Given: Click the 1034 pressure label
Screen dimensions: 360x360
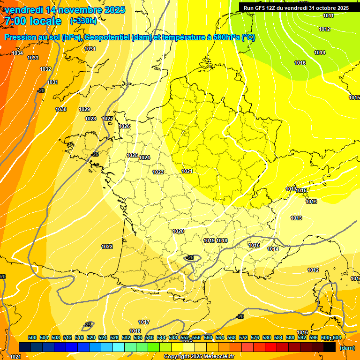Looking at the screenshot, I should tap(17, 53).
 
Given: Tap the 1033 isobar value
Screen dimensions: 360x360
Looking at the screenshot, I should tap(33, 58).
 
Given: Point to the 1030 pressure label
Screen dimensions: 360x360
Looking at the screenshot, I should tap(61, 109).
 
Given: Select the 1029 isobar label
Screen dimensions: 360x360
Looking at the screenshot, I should tap(84, 109).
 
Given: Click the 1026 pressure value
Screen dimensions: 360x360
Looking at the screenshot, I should tap(124, 127).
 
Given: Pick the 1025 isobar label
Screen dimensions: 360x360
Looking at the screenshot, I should tap(132, 155).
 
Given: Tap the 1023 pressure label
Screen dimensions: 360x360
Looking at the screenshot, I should tap(158, 172).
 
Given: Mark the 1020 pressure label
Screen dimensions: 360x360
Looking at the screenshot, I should tap(178, 231).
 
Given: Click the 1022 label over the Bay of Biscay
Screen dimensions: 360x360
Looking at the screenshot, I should tap(107, 247).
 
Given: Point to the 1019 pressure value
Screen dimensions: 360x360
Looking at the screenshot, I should tap(209, 240).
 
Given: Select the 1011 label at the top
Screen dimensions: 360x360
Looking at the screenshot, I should tap(329, 16).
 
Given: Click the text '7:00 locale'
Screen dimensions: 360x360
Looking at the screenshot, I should tap(32, 21).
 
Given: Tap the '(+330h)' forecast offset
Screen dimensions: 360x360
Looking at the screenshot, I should tap(83, 21).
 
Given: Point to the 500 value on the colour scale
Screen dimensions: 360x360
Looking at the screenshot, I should tap(32, 337).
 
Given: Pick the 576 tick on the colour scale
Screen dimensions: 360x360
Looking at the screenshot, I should tap(255, 337).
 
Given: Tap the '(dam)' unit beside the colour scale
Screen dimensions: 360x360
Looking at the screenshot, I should tap(347, 348).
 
